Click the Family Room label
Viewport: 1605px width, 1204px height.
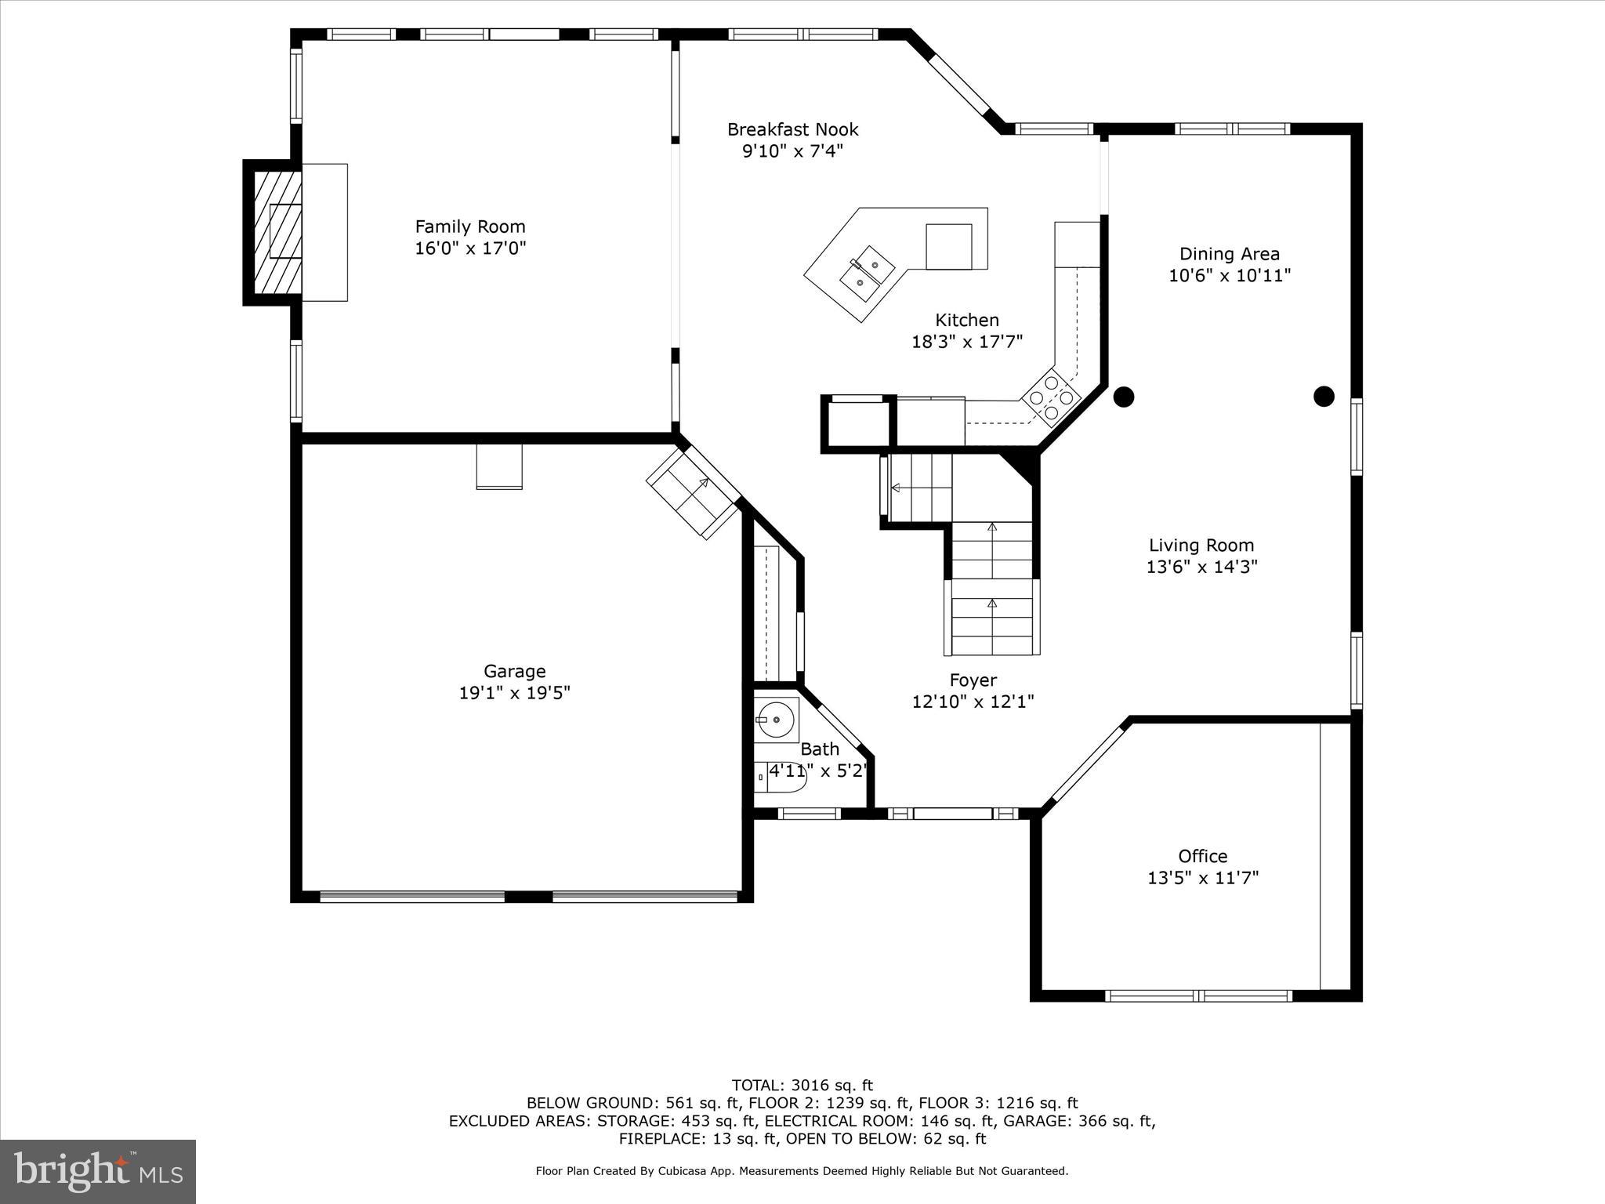[x=470, y=227]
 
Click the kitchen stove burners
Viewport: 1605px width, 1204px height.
[x=1051, y=397]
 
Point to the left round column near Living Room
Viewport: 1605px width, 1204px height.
[x=1124, y=397]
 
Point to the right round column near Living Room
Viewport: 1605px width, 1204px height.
[x=1324, y=397]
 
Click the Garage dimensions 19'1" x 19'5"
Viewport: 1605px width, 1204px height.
[x=514, y=693]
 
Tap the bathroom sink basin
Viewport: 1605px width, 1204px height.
[x=776, y=719]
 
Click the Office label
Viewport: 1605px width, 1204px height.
[x=1202, y=856]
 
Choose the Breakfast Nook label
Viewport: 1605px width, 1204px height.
[x=792, y=129]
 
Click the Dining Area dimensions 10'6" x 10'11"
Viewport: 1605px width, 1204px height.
[x=1229, y=276]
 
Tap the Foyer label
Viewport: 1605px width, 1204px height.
[x=973, y=680]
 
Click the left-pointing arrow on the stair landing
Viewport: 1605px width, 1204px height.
[x=896, y=488]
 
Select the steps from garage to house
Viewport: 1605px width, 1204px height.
[x=693, y=492]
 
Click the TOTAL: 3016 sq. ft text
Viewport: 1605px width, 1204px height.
[x=802, y=1086]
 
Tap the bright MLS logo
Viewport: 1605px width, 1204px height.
[x=98, y=1171]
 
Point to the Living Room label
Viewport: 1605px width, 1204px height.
[x=1201, y=546]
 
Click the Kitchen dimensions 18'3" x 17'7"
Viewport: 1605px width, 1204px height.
[x=966, y=342]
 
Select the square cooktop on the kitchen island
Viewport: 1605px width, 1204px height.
[x=948, y=246]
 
